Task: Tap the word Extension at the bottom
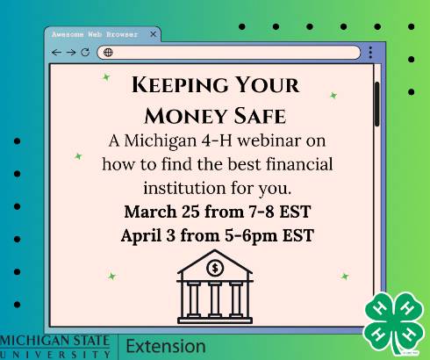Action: pyautogui.click(x=166, y=346)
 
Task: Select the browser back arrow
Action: pyautogui.click(x=57, y=53)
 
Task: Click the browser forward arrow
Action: pyautogui.click(x=71, y=53)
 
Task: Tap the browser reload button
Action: pyautogui.click(x=85, y=53)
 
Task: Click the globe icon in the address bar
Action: pyautogui.click(x=108, y=53)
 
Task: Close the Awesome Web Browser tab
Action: pyautogui.click(x=153, y=34)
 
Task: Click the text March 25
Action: pyautogui.click(x=160, y=212)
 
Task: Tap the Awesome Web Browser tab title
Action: pyautogui.click(x=94, y=34)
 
